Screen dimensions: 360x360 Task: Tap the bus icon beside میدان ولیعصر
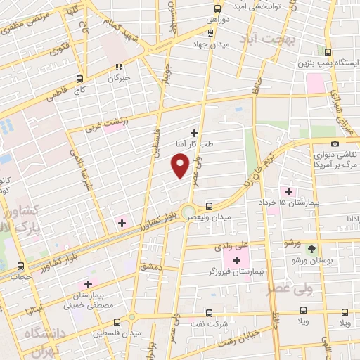pos(210,207)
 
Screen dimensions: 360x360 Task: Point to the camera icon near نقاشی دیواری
pos(335,144)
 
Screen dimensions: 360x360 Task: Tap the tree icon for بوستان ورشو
pos(312,248)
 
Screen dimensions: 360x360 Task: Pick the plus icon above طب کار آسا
pos(195,132)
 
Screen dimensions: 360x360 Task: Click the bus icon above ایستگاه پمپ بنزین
pos(328,52)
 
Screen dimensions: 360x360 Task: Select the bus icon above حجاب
pos(20,266)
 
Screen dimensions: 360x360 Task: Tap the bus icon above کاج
pos(79,79)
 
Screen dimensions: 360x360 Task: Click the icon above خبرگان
pos(119,68)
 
